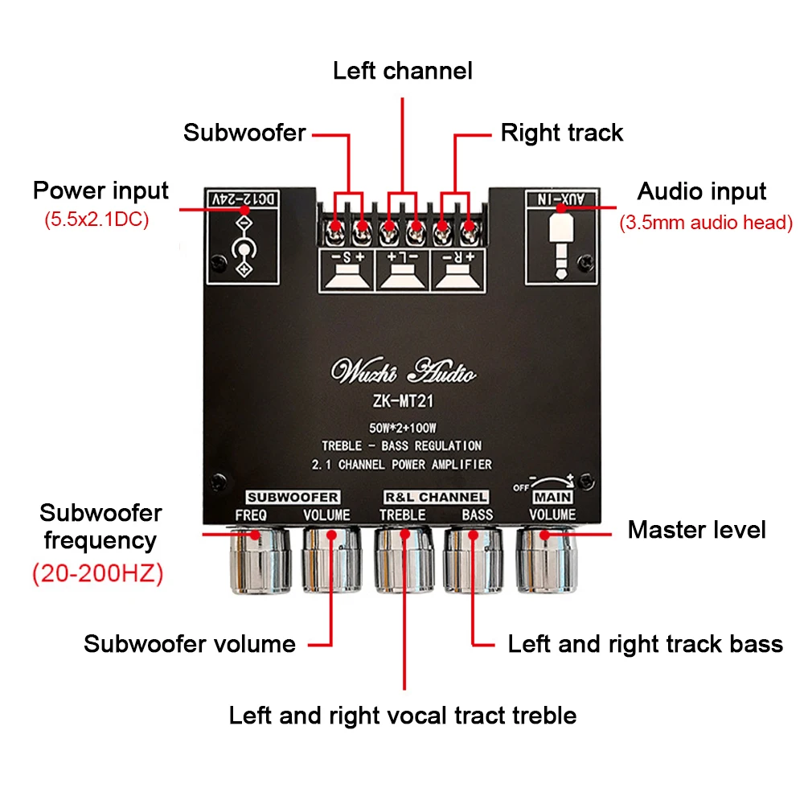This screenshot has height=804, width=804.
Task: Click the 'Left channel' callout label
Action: [x=402, y=71]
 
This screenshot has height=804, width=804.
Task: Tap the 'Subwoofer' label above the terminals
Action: [x=244, y=133]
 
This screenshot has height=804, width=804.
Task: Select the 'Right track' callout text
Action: [x=561, y=133]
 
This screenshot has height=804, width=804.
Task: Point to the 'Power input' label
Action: [x=100, y=191]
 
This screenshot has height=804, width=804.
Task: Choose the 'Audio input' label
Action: [x=701, y=191]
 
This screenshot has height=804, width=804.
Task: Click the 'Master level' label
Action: [x=696, y=530]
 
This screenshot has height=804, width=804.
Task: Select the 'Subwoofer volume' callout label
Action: [x=189, y=644]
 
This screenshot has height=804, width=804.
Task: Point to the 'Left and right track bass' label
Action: [x=645, y=644]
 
